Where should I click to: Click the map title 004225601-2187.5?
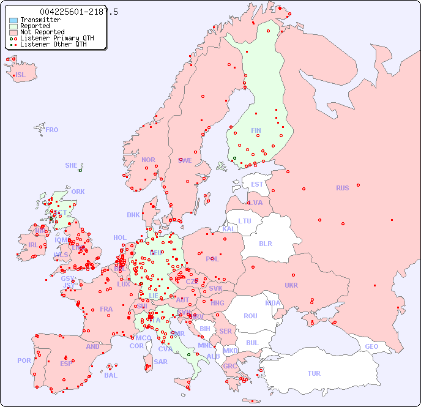[78, 12]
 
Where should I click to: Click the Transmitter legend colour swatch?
[13, 20]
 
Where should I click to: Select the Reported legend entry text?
[35, 26]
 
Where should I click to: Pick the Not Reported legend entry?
[42, 32]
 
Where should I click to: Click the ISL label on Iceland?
[21, 75]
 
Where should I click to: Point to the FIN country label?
[256, 130]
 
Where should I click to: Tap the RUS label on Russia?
[342, 188]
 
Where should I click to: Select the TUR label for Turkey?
[314, 373]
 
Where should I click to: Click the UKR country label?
[291, 285]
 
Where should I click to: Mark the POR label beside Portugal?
[24, 360]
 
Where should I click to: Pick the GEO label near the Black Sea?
[371, 346]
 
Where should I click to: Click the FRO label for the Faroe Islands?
[52, 130]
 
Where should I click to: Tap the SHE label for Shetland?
[72, 165]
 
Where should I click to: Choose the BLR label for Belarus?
[265, 243]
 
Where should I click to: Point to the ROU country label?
[250, 316]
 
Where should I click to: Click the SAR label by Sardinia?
[160, 362]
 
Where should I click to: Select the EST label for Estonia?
[257, 184]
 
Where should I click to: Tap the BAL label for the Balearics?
[110, 375]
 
